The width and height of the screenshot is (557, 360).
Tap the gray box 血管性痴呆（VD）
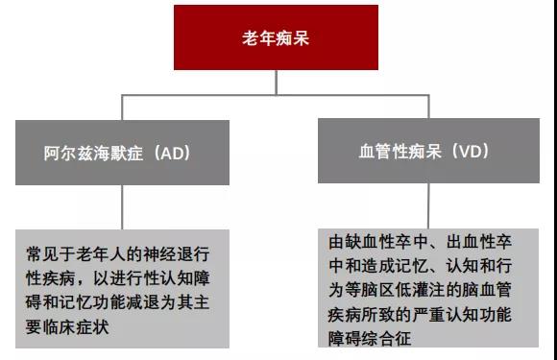pos(424,152)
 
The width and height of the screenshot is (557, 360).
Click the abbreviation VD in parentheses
pos(472,152)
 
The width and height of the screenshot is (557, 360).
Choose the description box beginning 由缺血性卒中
pos(425,287)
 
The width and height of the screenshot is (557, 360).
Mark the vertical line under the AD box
pos(121,205)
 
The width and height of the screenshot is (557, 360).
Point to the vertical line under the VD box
pos(424,204)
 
